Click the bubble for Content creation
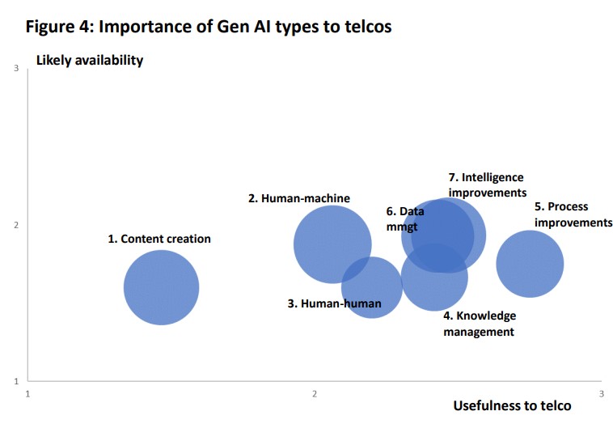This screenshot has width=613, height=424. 161,287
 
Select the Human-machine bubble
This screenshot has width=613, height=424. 332,244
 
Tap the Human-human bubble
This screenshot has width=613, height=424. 372,287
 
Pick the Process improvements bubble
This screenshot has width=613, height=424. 530,264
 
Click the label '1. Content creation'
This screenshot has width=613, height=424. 159,239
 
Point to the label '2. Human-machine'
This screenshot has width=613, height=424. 298,197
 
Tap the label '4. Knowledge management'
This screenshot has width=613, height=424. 479,324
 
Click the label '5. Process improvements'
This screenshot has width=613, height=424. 573,214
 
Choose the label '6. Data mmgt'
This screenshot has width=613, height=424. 404,218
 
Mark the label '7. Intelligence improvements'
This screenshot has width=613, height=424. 487,184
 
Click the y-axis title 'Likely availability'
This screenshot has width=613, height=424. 90,61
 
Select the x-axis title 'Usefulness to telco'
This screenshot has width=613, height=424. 512,405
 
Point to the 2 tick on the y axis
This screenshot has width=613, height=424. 16,226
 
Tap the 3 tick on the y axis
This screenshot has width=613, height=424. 16,70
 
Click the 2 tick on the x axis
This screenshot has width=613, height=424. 315,393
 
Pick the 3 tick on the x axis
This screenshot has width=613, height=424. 601,393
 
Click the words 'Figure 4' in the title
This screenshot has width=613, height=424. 57,27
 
